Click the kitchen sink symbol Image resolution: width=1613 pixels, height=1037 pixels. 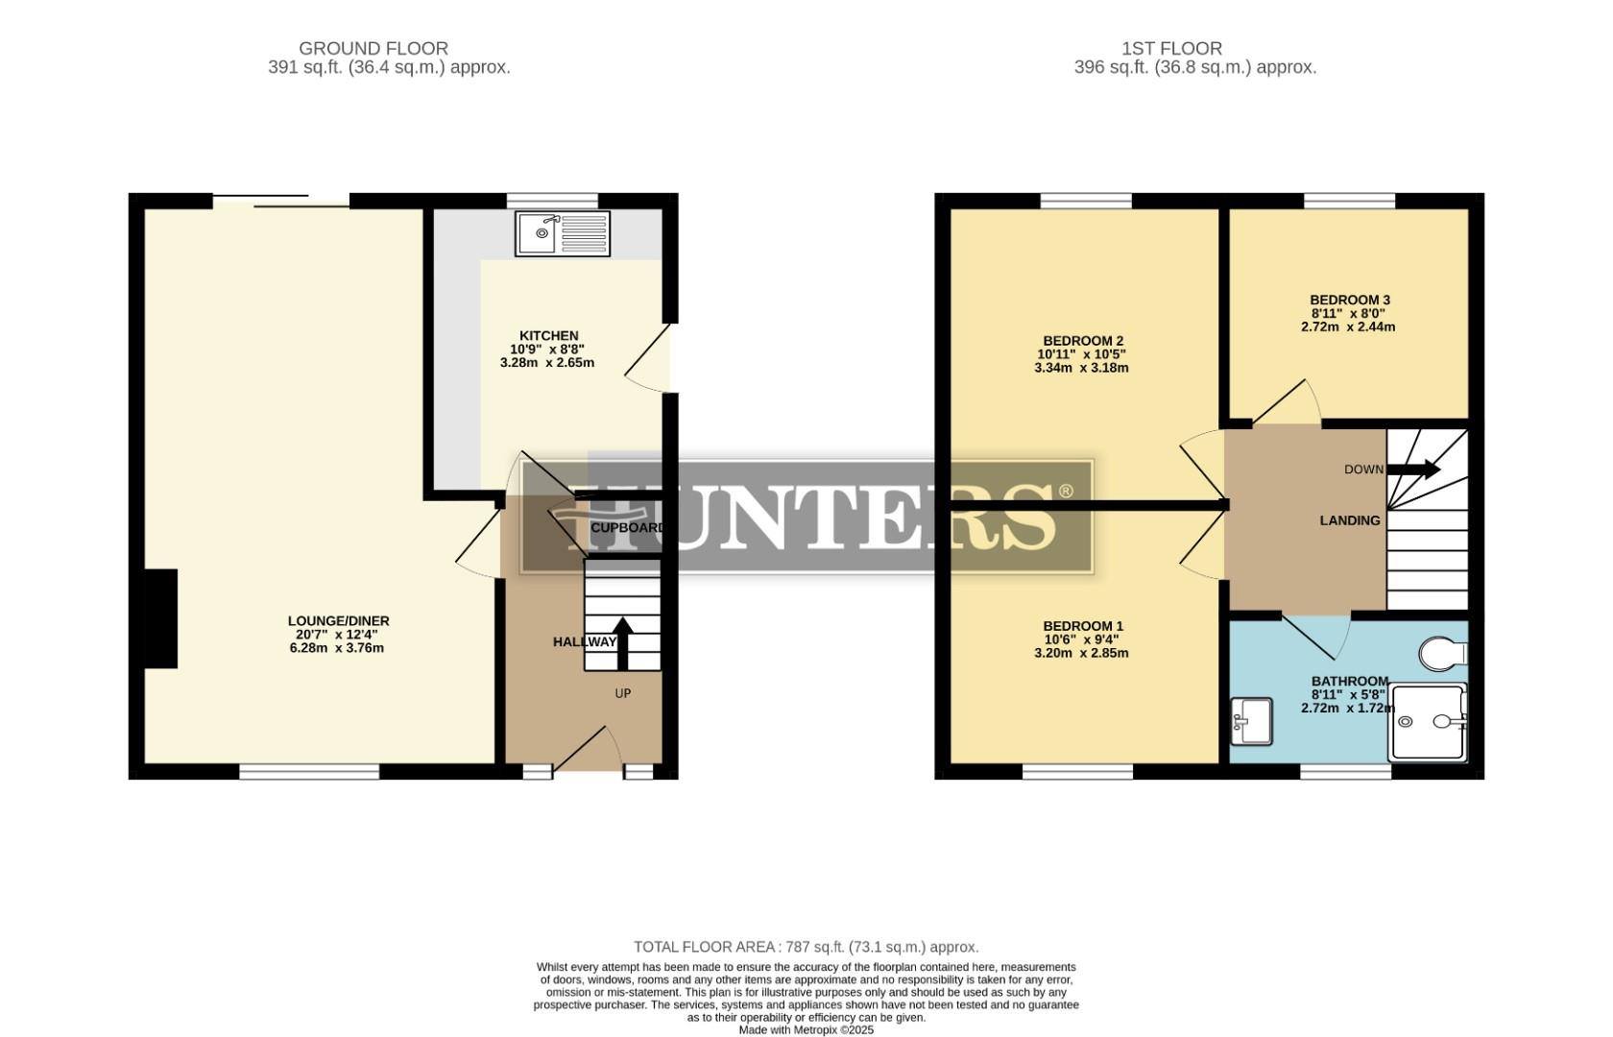563,233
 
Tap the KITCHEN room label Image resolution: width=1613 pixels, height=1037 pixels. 548,336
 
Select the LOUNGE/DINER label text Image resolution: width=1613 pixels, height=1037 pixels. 338,621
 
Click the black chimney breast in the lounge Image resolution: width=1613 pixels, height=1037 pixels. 161,618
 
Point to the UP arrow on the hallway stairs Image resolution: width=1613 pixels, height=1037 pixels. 622,643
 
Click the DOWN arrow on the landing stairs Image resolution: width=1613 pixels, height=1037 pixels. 1414,470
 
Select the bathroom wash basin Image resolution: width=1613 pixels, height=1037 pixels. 1251,720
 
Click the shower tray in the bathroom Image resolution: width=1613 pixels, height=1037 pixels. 1427,722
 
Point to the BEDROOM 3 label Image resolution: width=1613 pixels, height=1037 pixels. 1350,300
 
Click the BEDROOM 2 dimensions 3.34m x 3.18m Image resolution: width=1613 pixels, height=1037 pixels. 1081,368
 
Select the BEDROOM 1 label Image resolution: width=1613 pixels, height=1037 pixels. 1083,625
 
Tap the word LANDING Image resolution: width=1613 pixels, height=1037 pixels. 1349,520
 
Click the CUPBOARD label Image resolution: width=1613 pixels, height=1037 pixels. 627,528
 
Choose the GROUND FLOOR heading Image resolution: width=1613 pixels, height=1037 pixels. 373,48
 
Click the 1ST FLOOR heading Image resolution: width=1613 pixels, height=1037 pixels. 1171,48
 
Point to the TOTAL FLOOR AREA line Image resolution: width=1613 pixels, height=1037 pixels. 806,947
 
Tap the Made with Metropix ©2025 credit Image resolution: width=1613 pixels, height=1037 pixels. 806,1029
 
